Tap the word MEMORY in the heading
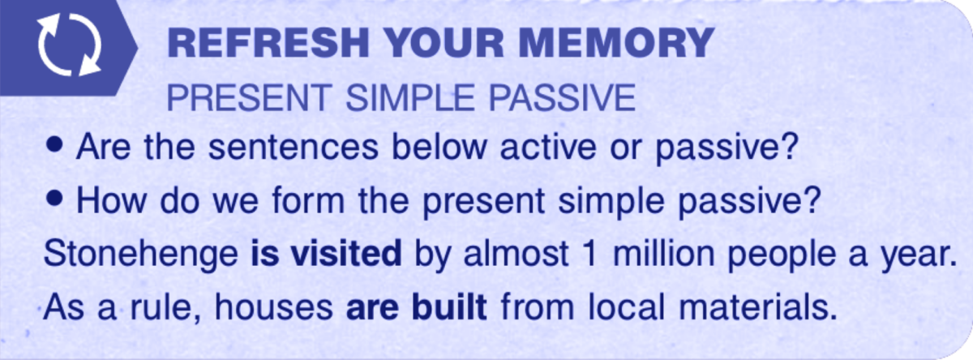coord(617,42)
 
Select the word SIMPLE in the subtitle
coord(410,98)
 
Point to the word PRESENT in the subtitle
coord(250,98)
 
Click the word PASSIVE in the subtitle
coord(562,98)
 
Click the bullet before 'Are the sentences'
coord(54,145)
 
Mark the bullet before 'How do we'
coord(54,199)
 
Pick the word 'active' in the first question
coord(548,147)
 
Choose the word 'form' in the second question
coord(308,199)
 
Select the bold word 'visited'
coord(346,253)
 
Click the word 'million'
coord(663,253)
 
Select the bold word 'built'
coord(449,306)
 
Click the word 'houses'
coord(274,306)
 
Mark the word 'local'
coord(627,306)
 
